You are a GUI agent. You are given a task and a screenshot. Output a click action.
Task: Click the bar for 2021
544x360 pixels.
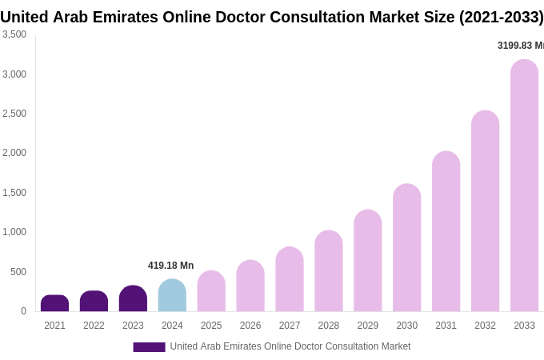click(54, 303)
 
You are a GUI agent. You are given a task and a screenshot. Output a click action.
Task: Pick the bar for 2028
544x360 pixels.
click(328, 271)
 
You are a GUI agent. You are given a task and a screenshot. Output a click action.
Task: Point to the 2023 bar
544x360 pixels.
click(133, 298)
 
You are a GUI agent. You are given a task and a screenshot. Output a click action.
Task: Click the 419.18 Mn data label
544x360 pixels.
click(170, 266)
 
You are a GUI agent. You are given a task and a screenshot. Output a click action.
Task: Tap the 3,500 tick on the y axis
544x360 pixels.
click(14, 34)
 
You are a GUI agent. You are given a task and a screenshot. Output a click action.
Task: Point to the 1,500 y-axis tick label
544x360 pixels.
click(14, 193)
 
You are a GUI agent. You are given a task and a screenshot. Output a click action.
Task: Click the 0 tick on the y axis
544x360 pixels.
click(23, 311)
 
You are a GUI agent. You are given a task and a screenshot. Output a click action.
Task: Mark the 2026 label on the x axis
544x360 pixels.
click(250, 326)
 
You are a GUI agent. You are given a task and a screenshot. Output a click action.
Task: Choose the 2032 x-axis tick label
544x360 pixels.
click(485, 326)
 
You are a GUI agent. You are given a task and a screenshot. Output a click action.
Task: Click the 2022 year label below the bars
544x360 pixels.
click(94, 326)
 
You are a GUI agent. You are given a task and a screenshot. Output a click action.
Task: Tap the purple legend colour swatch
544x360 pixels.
click(149, 347)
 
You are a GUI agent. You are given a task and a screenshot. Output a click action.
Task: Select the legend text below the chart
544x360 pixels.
click(290, 346)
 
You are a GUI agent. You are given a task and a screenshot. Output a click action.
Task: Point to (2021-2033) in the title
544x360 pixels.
click(501, 17)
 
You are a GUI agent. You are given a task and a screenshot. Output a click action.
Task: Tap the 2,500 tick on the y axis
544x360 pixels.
click(14, 114)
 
